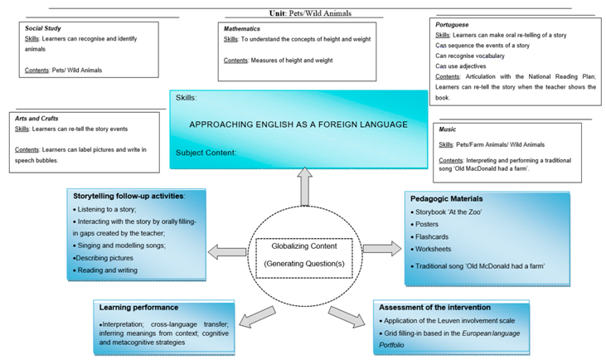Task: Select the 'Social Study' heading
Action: click(x=43, y=28)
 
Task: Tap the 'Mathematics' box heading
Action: click(x=242, y=28)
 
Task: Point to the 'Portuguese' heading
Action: click(x=452, y=25)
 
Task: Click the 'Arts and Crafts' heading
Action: click(x=37, y=119)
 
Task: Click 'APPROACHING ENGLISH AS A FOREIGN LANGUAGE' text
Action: click(x=298, y=124)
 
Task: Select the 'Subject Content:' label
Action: click(x=206, y=153)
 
